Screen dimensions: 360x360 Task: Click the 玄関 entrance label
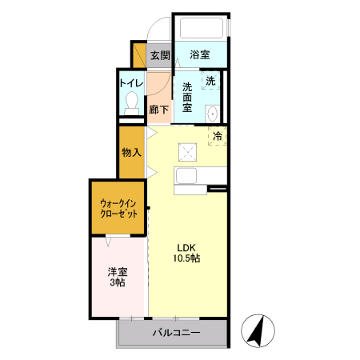159,55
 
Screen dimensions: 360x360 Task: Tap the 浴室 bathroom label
200,55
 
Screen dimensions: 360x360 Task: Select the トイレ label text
131,82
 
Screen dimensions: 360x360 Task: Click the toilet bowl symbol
131,102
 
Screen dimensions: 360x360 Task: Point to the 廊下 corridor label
159,110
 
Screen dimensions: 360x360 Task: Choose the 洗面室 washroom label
188,98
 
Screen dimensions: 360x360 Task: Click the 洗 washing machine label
210,82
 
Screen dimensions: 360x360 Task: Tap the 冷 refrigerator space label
216,136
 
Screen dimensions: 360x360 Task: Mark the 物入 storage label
131,152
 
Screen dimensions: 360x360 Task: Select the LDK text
186,246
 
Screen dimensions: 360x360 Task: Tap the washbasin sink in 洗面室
212,114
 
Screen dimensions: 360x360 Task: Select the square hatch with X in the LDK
186,150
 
